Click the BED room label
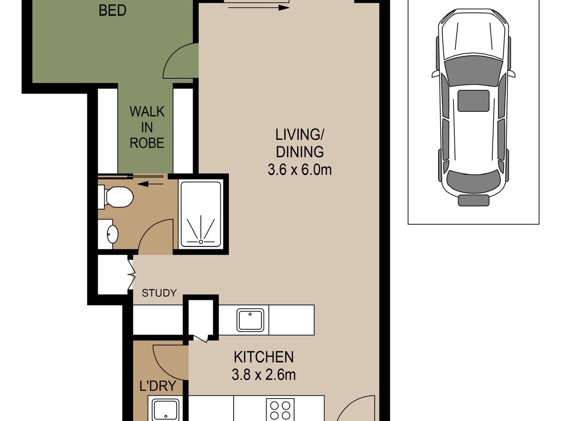click(113, 11)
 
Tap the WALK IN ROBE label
click(147, 127)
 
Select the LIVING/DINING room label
click(300, 143)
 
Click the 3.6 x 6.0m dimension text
click(300, 170)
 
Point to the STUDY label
click(159, 293)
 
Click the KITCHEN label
click(264, 357)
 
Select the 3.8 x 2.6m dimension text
click(264, 375)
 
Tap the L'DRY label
click(158, 386)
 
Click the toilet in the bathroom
click(116, 197)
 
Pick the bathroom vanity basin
click(112, 233)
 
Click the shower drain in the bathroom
click(201, 241)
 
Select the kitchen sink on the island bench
click(250, 320)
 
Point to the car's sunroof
click(473, 101)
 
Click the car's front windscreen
click(473, 69)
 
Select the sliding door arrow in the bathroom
click(151, 184)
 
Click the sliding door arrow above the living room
click(259, 8)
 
